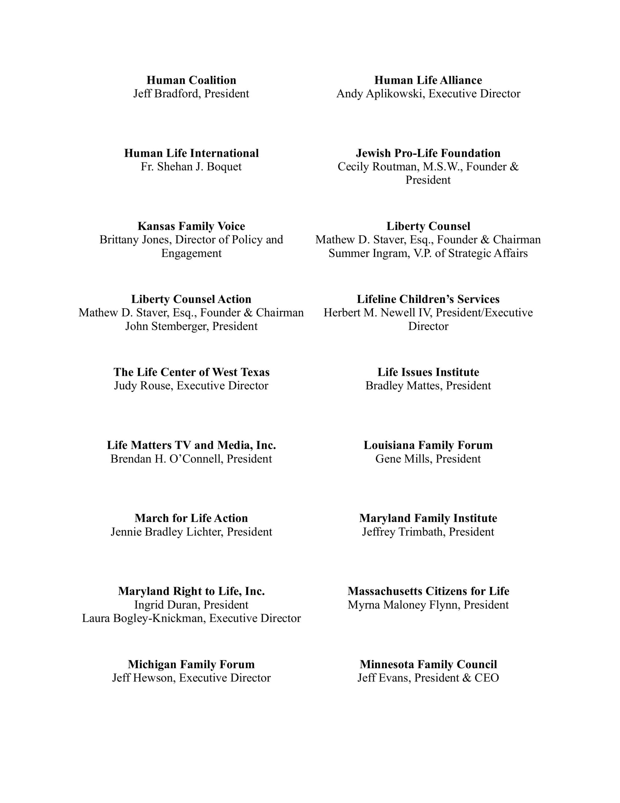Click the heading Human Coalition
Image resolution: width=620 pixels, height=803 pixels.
(191, 80)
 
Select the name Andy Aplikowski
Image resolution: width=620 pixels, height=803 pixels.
(381, 94)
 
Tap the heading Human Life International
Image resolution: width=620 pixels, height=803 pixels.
(191, 153)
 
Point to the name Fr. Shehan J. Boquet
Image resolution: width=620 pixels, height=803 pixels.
(191, 167)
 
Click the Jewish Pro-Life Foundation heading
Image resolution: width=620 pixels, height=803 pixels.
(428, 153)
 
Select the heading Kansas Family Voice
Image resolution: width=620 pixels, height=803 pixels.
(191, 226)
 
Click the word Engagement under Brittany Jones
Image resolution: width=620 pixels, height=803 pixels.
(191, 253)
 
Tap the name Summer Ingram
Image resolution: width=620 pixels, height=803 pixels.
(367, 253)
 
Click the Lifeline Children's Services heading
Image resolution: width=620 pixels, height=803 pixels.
(428, 299)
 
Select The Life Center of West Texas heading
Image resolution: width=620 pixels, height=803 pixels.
(191, 372)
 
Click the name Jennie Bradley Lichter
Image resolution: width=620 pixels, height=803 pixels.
(166, 532)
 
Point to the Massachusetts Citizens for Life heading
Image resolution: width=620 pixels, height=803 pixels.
(428, 591)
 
